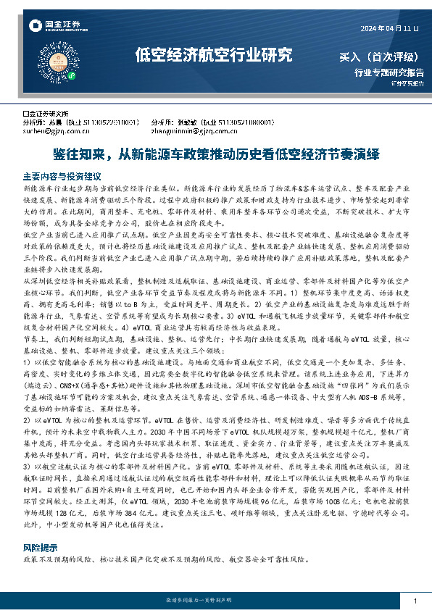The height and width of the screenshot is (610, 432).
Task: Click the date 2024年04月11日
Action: pos(390,28)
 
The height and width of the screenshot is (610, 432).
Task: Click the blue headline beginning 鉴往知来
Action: pos(216,154)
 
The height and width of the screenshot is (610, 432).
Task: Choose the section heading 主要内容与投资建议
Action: pos(62,176)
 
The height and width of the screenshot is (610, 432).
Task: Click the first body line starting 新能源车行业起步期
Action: pos(109,188)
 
